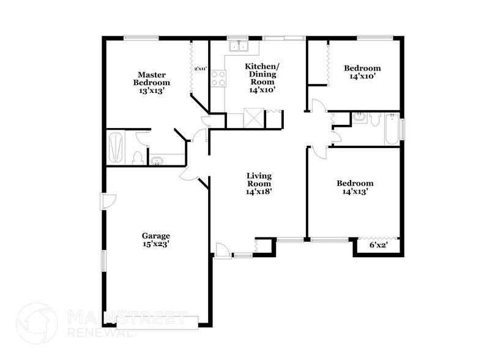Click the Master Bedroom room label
point(152,78)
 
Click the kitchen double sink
point(239,46)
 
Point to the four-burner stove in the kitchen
point(218,78)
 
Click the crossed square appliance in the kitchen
point(253,118)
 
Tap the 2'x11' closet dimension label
point(200,69)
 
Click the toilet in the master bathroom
point(138,157)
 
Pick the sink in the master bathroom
point(157,162)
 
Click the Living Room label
point(259,183)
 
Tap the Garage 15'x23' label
point(156,239)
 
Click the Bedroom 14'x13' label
point(355,187)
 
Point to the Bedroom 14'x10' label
point(362,72)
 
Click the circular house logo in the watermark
point(36,324)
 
